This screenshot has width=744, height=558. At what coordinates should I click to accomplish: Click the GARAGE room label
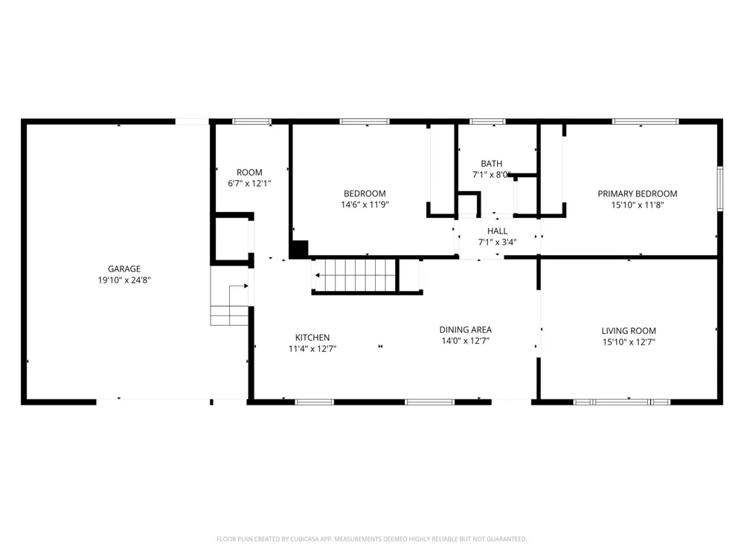tap(124, 269)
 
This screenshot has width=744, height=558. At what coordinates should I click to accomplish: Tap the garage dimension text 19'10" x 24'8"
tap(124, 280)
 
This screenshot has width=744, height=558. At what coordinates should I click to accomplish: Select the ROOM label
tap(249, 173)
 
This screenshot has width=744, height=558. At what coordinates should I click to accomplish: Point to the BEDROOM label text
tap(365, 193)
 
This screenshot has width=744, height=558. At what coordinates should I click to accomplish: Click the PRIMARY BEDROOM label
tap(638, 193)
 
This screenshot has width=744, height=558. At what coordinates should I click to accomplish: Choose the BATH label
tap(491, 164)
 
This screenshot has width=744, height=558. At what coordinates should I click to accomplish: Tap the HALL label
tap(497, 231)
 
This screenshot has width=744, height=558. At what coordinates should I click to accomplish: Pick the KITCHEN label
tap(312, 337)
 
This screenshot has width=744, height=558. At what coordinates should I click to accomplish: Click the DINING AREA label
tap(466, 330)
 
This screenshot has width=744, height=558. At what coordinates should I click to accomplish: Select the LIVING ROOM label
tap(629, 331)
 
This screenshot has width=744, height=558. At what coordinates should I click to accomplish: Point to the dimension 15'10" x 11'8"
tap(638, 205)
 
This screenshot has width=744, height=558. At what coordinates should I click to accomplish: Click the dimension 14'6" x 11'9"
tap(365, 205)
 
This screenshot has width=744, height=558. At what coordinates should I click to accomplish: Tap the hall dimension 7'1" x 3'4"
tap(497, 242)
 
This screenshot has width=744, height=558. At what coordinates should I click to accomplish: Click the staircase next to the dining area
tap(356, 275)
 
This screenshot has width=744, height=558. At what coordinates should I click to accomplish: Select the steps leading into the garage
tap(229, 305)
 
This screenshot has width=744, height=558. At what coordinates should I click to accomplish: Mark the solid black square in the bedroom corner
tap(299, 249)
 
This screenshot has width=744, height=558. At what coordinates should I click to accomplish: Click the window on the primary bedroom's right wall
tap(719, 188)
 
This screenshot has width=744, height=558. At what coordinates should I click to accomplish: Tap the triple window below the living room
tap(621, 402)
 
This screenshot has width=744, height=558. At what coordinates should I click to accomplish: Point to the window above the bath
tap(488, 121)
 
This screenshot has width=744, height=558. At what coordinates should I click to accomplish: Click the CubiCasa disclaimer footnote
tap(371, 539)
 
